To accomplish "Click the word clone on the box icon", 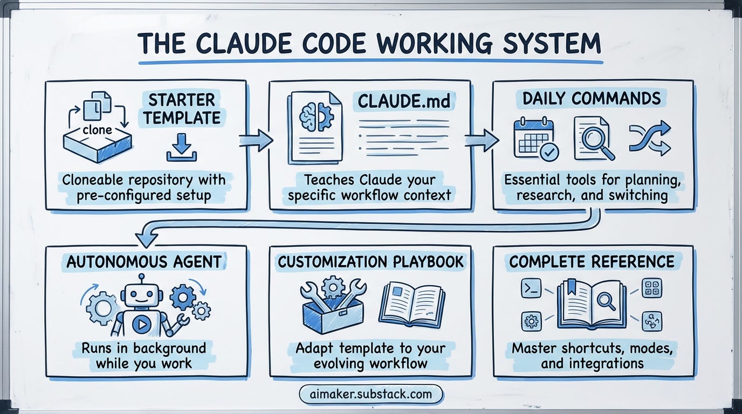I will tap(98, 130).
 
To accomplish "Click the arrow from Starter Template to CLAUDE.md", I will tap(256, 140).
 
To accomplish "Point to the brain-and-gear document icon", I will tap(315, 127).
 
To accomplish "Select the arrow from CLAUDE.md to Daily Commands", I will tap(481, 140).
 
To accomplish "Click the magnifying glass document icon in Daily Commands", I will tap(594, 138).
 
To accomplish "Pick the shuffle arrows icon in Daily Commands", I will tap(650, 138).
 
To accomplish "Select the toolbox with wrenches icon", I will tap(331, 308).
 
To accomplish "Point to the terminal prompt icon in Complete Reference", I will tap(531, 289).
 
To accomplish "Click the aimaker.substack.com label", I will tap(371, 394).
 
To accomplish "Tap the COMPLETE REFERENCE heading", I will tap(592, 262).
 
